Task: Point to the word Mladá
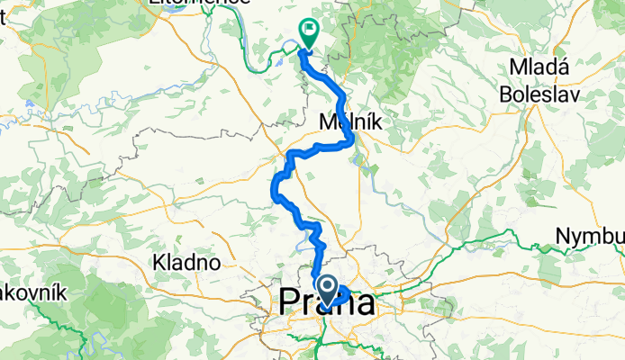538,67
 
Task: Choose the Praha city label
328,302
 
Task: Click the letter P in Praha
292,302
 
